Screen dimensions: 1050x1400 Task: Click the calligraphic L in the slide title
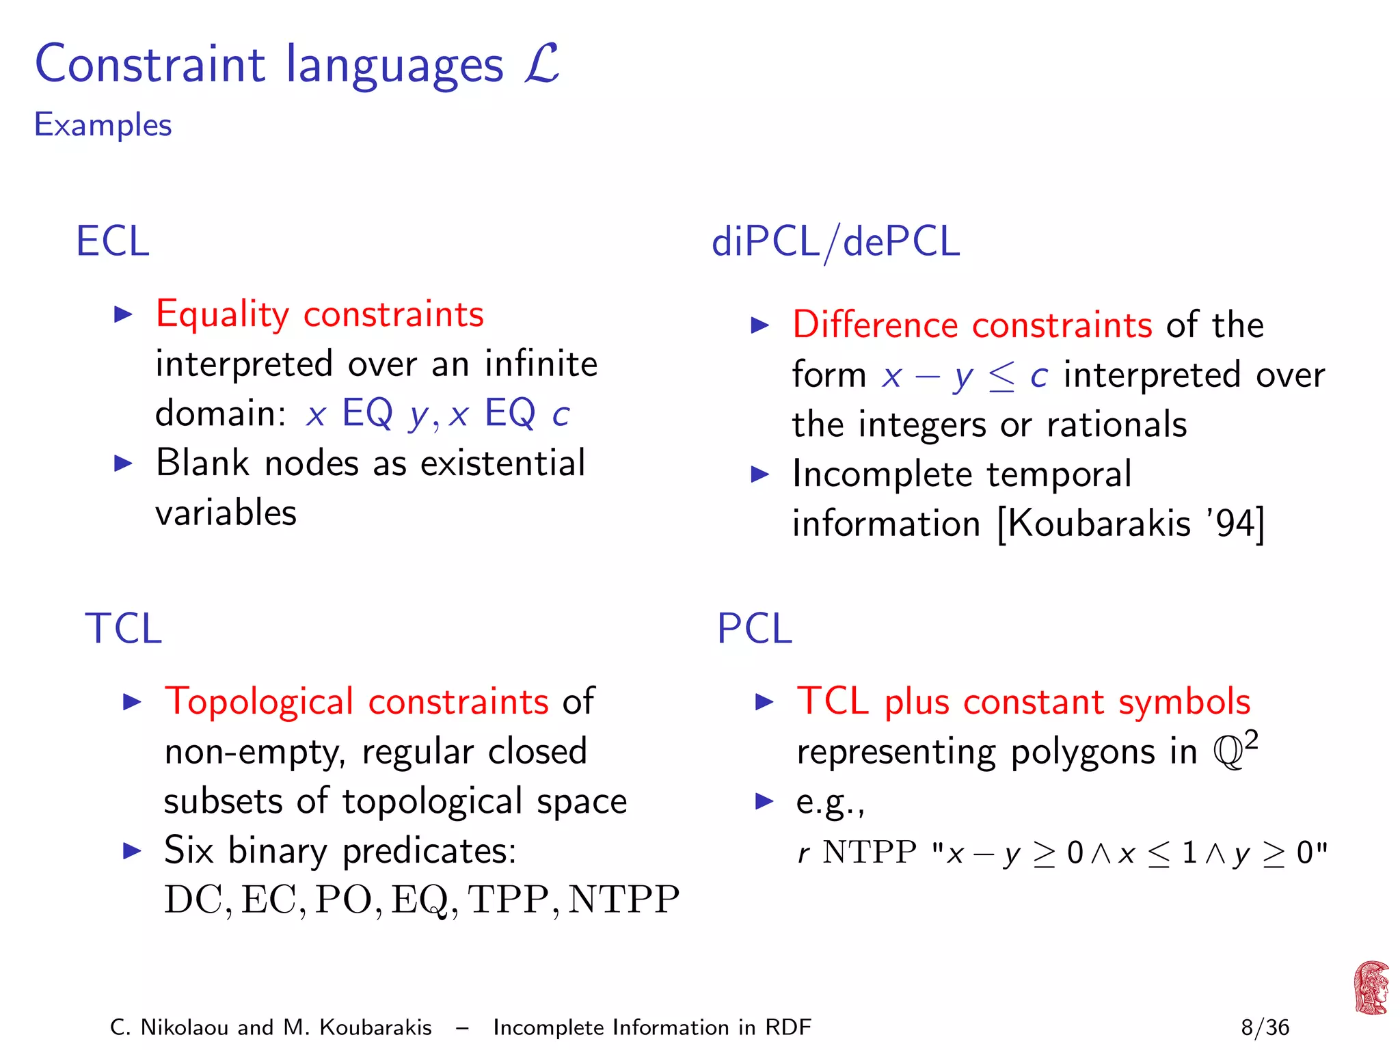[x=542, y=64]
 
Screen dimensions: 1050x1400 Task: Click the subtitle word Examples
[x=103, y=125]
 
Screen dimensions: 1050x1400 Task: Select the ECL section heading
[x=113, y=241]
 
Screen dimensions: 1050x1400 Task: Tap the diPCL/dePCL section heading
[x=835, y=242]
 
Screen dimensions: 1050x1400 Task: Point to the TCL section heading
[x=123, y=628]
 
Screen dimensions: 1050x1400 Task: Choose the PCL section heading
[x=754, y=628]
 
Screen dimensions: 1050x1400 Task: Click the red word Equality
[x=223, y=314]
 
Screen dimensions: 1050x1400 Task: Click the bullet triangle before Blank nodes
[x=123, y=463]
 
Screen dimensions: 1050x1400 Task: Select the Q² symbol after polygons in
[x=1235, y=750]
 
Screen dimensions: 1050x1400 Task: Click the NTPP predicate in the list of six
[x=623, y=900]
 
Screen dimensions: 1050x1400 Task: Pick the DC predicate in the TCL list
[x=193, y=900]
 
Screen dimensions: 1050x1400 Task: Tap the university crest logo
[x=1371, y=988]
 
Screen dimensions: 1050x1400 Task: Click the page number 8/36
[x=1265, y=1027]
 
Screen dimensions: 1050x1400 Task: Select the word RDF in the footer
[x=787, y=1027]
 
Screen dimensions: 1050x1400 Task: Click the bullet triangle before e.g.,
[x=764, y=801]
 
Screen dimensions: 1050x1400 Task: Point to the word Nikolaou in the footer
[x=184, y=1027]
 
